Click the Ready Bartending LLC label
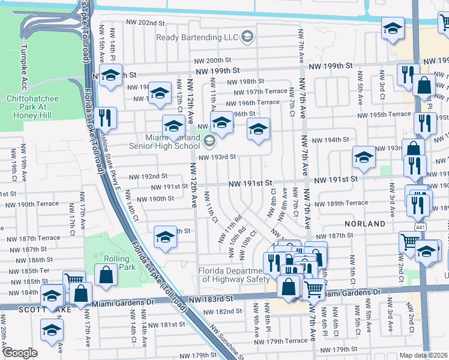click(x=196, y=37)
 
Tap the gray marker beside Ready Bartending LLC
click(x=246, y=37)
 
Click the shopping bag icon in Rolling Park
click(x=106, y=276)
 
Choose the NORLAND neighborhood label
click(x=365, y=224)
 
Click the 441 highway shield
click(x=418, y=224)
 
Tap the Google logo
click(x=20, y=352)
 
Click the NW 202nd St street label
click(x=145, y=23)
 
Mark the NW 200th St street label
click(x=212, y=61)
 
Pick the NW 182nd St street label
click(x=222, y=311)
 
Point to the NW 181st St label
click(x=166, y=325)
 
